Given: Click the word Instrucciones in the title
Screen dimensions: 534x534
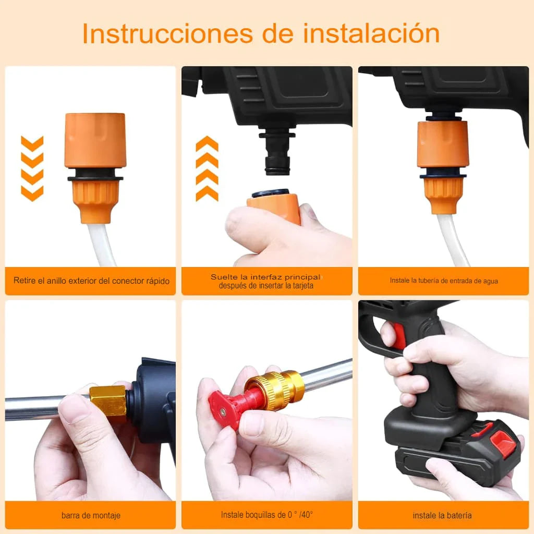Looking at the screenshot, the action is (167, 33).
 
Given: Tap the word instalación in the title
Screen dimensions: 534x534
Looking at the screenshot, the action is (371, 33).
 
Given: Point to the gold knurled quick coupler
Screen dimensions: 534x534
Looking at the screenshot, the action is (274, 390).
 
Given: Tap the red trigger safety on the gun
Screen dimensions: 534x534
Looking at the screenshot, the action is (398, 335).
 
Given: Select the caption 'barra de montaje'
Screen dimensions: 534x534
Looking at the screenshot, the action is (91, 515).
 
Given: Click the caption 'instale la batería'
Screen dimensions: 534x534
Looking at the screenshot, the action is (442, 515).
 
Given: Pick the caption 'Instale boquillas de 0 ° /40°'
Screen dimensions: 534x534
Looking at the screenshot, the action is (266, 515).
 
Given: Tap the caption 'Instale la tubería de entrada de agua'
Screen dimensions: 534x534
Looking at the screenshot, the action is (444, 281).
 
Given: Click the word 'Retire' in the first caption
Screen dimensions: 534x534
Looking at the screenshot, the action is (25, 280).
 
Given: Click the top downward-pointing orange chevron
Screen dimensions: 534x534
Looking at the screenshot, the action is (32, 143).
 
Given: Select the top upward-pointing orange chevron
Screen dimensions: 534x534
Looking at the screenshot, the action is (207, 143).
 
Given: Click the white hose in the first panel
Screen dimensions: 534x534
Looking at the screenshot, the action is (101, 245).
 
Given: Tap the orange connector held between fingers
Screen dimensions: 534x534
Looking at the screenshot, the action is (274, 206).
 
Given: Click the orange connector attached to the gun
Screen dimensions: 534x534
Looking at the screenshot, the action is (443, 167).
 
